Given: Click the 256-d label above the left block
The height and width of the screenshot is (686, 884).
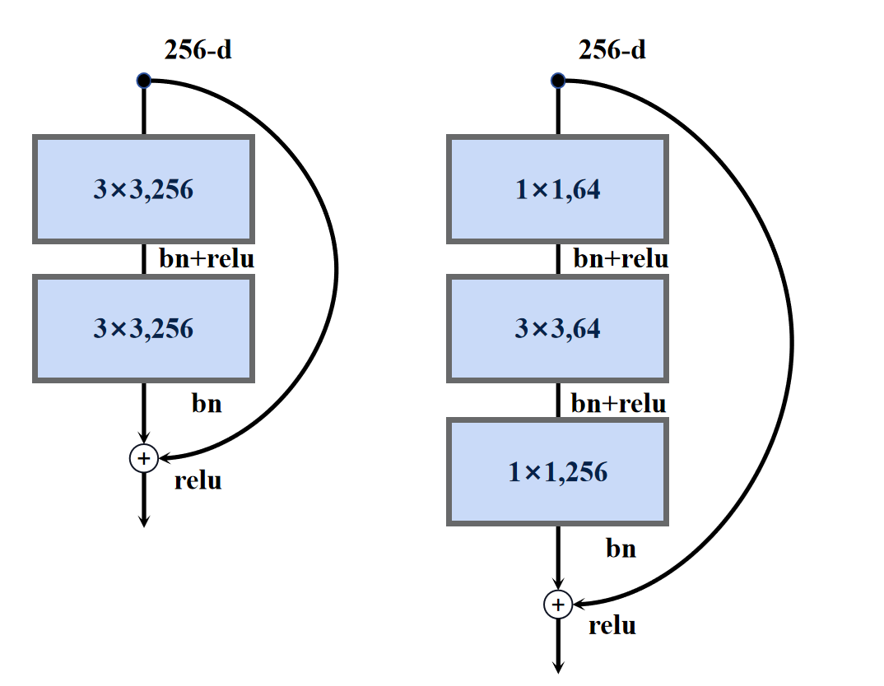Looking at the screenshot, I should (198, 51).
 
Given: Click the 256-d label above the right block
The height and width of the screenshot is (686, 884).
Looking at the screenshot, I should (612, 51).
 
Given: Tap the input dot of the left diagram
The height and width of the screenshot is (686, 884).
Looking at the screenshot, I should (144, 81).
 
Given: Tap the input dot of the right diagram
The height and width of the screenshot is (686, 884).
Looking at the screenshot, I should (558, 81).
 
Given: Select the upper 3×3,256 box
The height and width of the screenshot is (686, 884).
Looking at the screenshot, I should (143, 190).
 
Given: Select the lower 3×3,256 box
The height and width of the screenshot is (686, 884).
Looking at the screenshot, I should (143, 329).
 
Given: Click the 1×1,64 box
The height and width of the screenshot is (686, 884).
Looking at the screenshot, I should (557, 190).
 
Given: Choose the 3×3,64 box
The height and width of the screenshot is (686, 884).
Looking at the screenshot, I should (557, 329).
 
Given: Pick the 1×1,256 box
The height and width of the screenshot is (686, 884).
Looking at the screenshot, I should (557, 471).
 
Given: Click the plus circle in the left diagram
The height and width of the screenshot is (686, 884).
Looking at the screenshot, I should (144, 458).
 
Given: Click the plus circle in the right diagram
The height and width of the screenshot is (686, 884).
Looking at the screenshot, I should (558, 605).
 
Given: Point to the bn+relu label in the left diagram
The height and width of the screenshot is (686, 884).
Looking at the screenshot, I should (207, 260).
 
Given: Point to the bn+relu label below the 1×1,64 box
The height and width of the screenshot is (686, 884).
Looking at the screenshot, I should (621, 260).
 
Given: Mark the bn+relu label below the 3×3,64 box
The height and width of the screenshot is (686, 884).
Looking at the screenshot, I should (619, 404).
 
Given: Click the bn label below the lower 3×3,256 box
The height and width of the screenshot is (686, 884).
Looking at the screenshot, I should (207, 404).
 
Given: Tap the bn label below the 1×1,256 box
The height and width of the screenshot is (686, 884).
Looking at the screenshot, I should (621, 549).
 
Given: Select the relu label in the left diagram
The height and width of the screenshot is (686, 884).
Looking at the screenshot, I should (198, 480).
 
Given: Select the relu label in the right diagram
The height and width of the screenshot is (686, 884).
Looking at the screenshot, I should (612, 626).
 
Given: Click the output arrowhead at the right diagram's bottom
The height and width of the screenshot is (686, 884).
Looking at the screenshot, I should (558, 668).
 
